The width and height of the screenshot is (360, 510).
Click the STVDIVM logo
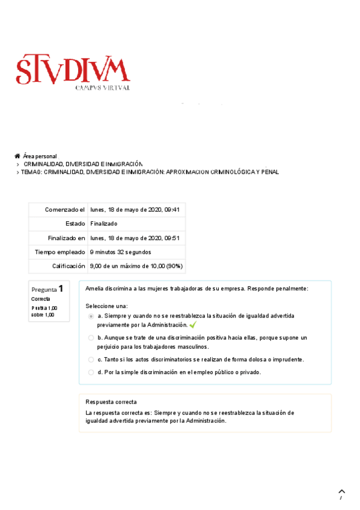73,72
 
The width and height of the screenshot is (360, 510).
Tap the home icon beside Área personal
17,156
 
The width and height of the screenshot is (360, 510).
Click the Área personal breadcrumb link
40,156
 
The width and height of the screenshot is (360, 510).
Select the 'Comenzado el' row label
65,209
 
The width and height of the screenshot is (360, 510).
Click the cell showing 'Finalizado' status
104,224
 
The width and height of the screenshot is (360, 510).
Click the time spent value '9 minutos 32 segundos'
121,252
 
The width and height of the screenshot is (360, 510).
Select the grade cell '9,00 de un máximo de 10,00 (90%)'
136,266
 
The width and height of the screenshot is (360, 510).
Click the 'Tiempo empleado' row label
60,252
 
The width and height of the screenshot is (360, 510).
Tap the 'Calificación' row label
69,266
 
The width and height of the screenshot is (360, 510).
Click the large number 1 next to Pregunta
61,288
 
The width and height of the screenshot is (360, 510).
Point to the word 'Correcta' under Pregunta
40,299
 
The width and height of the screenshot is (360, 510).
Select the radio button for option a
91,316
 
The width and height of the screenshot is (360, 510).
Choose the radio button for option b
91,338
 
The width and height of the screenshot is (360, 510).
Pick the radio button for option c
91,360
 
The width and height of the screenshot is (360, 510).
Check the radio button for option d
91,372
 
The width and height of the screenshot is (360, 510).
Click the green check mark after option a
193,325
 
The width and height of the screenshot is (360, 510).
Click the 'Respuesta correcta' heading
111,402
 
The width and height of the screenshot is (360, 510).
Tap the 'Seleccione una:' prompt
106,306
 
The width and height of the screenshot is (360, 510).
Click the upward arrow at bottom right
342,492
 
